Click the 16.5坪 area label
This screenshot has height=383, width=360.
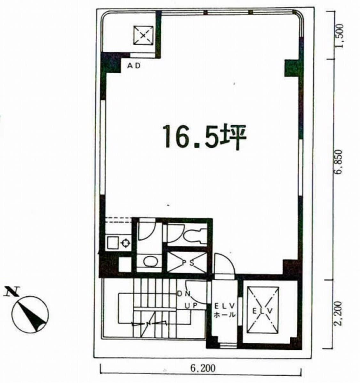204,137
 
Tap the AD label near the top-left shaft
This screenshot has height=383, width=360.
134,66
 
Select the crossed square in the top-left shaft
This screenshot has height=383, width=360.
143,36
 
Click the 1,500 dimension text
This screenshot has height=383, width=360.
340,36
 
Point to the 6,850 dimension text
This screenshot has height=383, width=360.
340,162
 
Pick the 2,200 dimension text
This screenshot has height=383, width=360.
340,314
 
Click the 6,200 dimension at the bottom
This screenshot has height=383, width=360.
203,368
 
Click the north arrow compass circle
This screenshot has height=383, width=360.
30,314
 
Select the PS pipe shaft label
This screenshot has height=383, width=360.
188,263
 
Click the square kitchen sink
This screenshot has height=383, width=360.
113,242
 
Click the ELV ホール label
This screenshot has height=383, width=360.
225,310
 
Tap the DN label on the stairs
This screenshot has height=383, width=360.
184,294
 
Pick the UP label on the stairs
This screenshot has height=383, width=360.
191,306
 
